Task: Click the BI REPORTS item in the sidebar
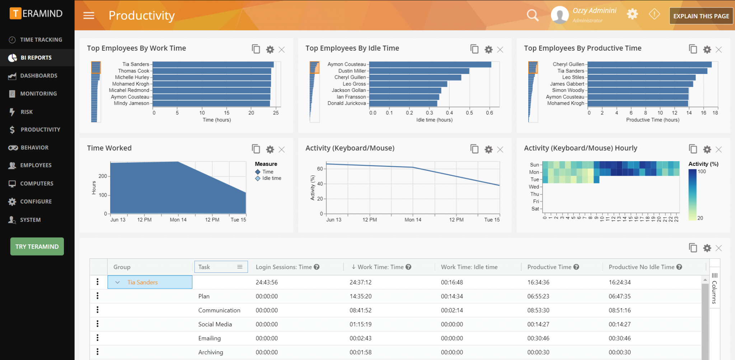pyautogui.click(x=36, y=57)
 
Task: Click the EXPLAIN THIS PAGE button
pyautogui.click(x=701, y=16)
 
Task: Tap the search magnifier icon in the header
pyautogui.click(x=533, y=15)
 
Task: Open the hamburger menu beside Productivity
pyautogui.click(x=89, y=15)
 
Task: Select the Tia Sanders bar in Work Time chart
pyautogui.click(x=213, y=65)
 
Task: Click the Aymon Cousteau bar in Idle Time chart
pyautogui.click(x=430, y=65)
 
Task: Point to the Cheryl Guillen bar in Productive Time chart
pyautogui.click(x=649, y=65)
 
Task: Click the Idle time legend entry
pyautogui.click(x=271, y=178)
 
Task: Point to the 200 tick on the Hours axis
pyautogui.click(x=103, y=176)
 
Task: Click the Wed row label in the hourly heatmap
pyautogui.click(x=534, y=187)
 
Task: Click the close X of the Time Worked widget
pyautogui.click(x=282, y=149)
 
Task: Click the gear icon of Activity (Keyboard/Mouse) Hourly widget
pyautogui.click(x=707, y=149)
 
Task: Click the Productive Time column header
pyautogui.click(x=549, y=267)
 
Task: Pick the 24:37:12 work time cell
pyautogui.click(x=360, y=282)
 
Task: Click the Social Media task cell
pyautogui.click(x=215, y=324)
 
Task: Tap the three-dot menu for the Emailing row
pyautogui.click(x=98, y=338)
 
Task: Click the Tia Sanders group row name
pyautogui.click(x=142, y=282)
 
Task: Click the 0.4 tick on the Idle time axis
pyautogui.click(x=449, y=113)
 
